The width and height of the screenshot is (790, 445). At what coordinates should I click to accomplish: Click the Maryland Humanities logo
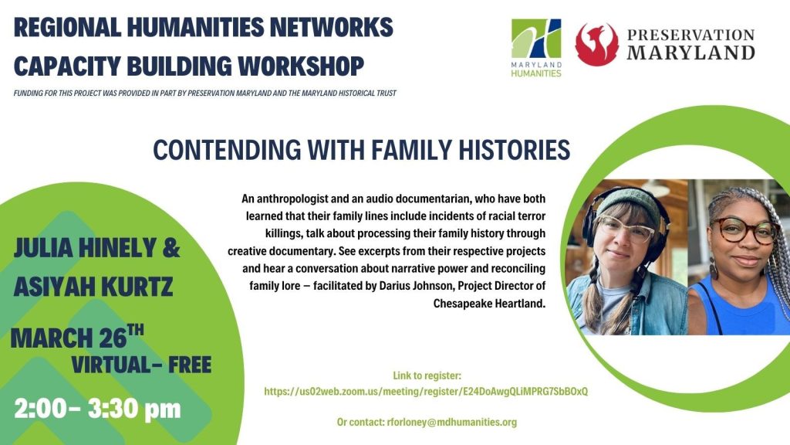pyautogui.click(x=536, y=48)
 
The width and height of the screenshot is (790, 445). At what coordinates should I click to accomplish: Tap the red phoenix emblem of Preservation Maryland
pyautogui.click(x=597, y=44)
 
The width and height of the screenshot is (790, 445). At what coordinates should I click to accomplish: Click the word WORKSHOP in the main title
pyautogui.click(x=301, y=66)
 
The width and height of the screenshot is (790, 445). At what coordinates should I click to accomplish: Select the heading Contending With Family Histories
pyautogui.click(x=361, y=149)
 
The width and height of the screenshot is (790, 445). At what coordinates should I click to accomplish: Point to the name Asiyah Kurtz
pyautogui.click(x=93, y=286)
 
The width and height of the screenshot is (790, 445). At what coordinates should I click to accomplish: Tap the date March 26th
pyautogui.click(x=76, y=337)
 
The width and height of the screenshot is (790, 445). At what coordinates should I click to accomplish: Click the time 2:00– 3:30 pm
pyautogui.click(x=97, y=408)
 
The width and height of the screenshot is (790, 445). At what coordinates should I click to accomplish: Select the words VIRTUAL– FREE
pyautogui.click(x=141, y=365)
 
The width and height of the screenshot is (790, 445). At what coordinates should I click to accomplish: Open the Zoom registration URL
pyautogui.click(x=426, y=392)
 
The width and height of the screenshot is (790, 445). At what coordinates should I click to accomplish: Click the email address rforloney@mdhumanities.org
pyautogui.click(x=451, y=422)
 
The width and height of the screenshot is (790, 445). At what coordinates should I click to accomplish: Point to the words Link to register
pyautogui.click(x=427, y=375)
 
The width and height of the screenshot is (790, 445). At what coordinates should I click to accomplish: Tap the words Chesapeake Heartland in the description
pyautogui.click(x=489, y=303)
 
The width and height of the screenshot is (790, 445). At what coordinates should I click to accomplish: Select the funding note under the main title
pyautogui.click(x=205, y=93)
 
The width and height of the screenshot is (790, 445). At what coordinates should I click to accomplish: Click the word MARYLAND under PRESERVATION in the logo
pyautogui.click(x=690, y=53)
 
